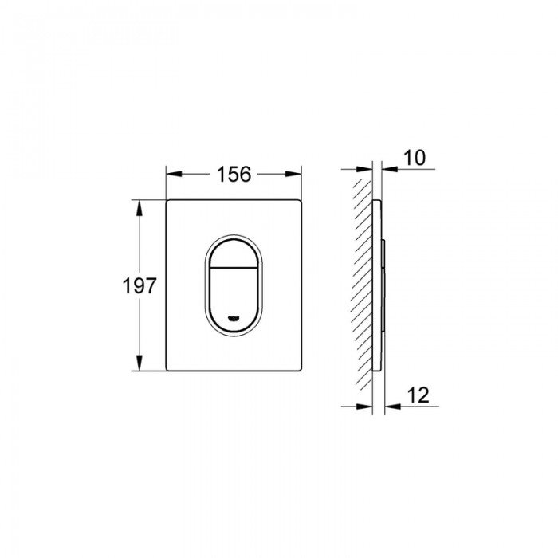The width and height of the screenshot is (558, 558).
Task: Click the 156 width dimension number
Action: point(234,175)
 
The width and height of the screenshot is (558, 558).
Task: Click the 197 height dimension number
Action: point(139,285)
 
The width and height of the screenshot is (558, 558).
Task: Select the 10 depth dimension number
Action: point(415,158)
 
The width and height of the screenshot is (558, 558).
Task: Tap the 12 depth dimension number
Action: point(418,395)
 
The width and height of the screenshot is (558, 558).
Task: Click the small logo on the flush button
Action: point(234,318)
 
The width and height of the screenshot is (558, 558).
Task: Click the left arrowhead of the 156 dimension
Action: point(174,174)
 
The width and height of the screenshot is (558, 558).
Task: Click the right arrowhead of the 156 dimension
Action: point(294,174)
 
